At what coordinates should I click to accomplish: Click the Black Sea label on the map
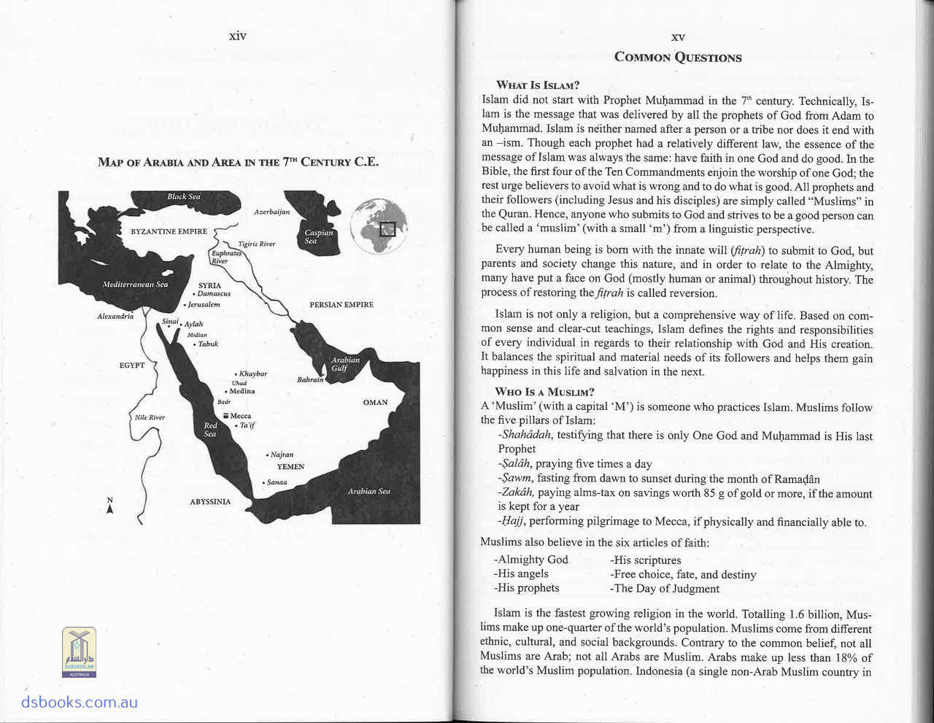(x=183, y=197)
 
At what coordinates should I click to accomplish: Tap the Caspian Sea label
(x=318, y=236)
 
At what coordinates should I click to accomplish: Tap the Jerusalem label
(x=203, y=304)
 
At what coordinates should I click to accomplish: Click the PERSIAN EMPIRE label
(x=341, y=304)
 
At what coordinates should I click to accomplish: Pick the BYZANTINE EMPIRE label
(x=169, y=231)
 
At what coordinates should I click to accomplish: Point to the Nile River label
(x=150, y=417)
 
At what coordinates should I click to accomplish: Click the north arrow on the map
(x=109, y=506)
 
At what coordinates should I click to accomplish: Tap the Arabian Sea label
(x=368, y=491)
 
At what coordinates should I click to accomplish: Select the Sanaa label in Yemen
(x=276, y=482)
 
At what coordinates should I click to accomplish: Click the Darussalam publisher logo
(x=79, y=652)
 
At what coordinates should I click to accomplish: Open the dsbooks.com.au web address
(x=79, y=703)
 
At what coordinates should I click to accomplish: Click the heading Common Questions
(x=678, y=57)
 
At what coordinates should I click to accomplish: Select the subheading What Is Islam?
(x=537, y=85)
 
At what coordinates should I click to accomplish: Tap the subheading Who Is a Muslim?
(x=544, y=392)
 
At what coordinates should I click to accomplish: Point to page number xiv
(x=237, y=35)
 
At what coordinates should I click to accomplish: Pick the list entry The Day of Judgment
(x=665, y=589)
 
